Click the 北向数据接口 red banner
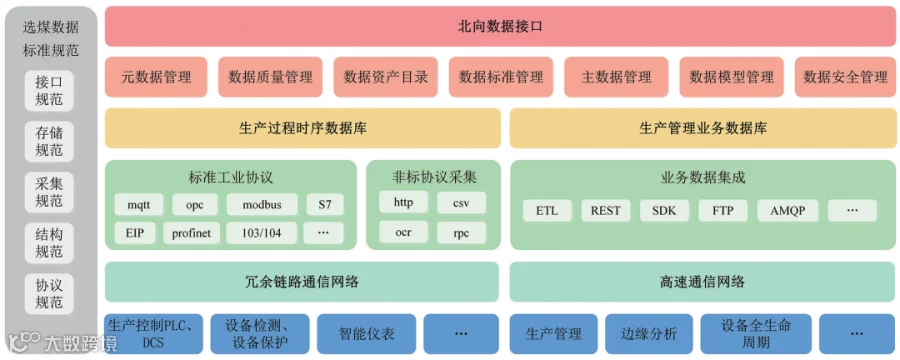tap(500, 26)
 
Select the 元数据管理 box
tap(156, 77)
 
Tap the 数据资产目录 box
tap(386, 77)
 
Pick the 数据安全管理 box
tap(845, 77)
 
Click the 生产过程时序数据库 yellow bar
tap(302, 128)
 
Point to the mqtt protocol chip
tap(138, 204)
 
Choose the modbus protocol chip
tap(262, 204)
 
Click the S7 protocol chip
tap(325, 204)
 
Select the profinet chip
tap(191, 233)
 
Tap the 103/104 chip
tap(262, 233)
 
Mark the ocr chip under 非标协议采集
tap(404, 232)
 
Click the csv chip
tap(461, 203)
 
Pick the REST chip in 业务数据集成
tap(606, 211)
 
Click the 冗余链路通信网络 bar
tap(302, 282)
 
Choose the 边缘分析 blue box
tap(649, 334)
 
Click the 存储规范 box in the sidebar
tap(49, 141)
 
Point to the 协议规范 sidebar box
tap(49, 293)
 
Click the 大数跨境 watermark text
tap(81, 343)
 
